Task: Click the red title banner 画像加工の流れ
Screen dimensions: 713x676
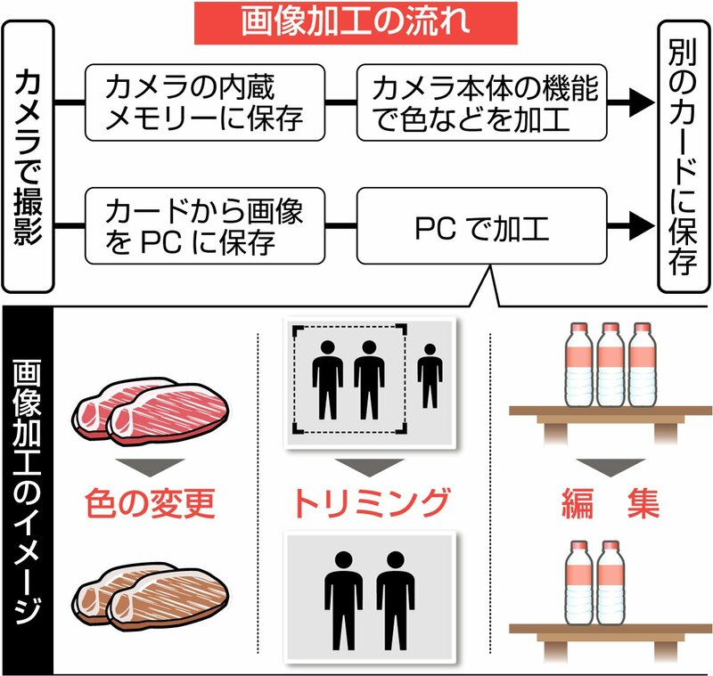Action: [x=356, y=23]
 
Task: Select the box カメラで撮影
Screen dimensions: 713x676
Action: [x=29, y=157]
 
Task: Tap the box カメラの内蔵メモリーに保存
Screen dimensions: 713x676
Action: [x=205, y=102]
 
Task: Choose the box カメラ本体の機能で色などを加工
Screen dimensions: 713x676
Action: [x=482, y=102]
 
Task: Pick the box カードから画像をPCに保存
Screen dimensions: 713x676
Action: [x=205, y=226]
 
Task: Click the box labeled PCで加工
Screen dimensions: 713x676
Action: [x=482, y=226]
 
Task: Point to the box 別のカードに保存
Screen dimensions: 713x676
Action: [x=684, y=157]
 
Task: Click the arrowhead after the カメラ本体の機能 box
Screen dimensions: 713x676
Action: [x=642, y=102]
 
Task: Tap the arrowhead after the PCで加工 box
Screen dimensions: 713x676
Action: [x=642, y=226]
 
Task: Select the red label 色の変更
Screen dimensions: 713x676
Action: [x=150, y=503]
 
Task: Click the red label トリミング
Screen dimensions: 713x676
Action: [x=371, y=503]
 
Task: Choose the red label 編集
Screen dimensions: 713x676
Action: [x=611, y=503]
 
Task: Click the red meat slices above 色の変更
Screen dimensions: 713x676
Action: [x=151, y=411]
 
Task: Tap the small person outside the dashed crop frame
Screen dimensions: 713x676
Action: [x=430, y=376]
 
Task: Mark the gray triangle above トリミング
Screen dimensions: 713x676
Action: [x=370, y=467]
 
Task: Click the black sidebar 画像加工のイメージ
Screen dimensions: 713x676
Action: [x=29, y=491]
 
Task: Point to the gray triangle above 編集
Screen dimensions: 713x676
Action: [x=611, y=467]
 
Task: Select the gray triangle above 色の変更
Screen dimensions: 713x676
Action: [x=150, y=467]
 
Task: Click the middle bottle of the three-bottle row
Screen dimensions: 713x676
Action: [x=611, y=364]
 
